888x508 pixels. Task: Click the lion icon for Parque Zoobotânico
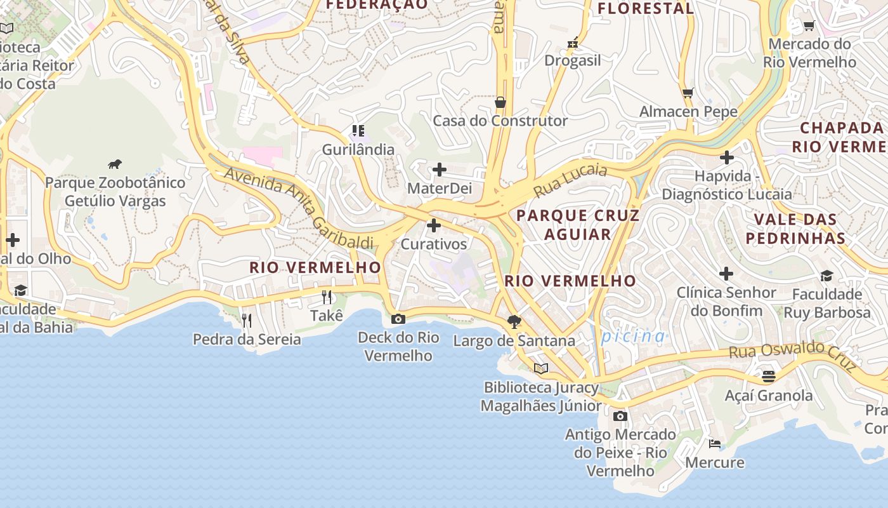click(115, 164)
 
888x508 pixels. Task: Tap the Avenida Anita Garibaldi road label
click(298, 207)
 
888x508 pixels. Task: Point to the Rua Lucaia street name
click(570, 180)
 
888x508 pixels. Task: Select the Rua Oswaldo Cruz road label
click(793, 356)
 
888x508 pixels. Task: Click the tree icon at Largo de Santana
click(514, 322)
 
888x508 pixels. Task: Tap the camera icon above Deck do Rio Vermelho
click(398, 319)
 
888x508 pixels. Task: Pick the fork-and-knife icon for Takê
click(327, 297)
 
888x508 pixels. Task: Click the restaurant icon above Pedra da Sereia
click(247, 320)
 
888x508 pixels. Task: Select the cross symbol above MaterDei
click(439, 170)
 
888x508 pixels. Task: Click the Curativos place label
click(434, 244)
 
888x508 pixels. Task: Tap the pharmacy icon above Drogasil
click(573, 43)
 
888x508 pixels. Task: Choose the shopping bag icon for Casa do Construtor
click(500, 102)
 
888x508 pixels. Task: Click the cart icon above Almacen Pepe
click(688, 93)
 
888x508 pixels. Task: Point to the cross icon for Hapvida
click(727, 157)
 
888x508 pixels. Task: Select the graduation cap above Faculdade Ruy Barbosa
click(826, 276)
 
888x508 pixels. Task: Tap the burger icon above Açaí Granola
click(769, 377)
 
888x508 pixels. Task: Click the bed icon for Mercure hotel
click(715, 443)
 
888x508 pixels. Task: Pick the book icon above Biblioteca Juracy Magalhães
click(541, 368)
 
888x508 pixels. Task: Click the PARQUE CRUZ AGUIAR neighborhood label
click(578, 225)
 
